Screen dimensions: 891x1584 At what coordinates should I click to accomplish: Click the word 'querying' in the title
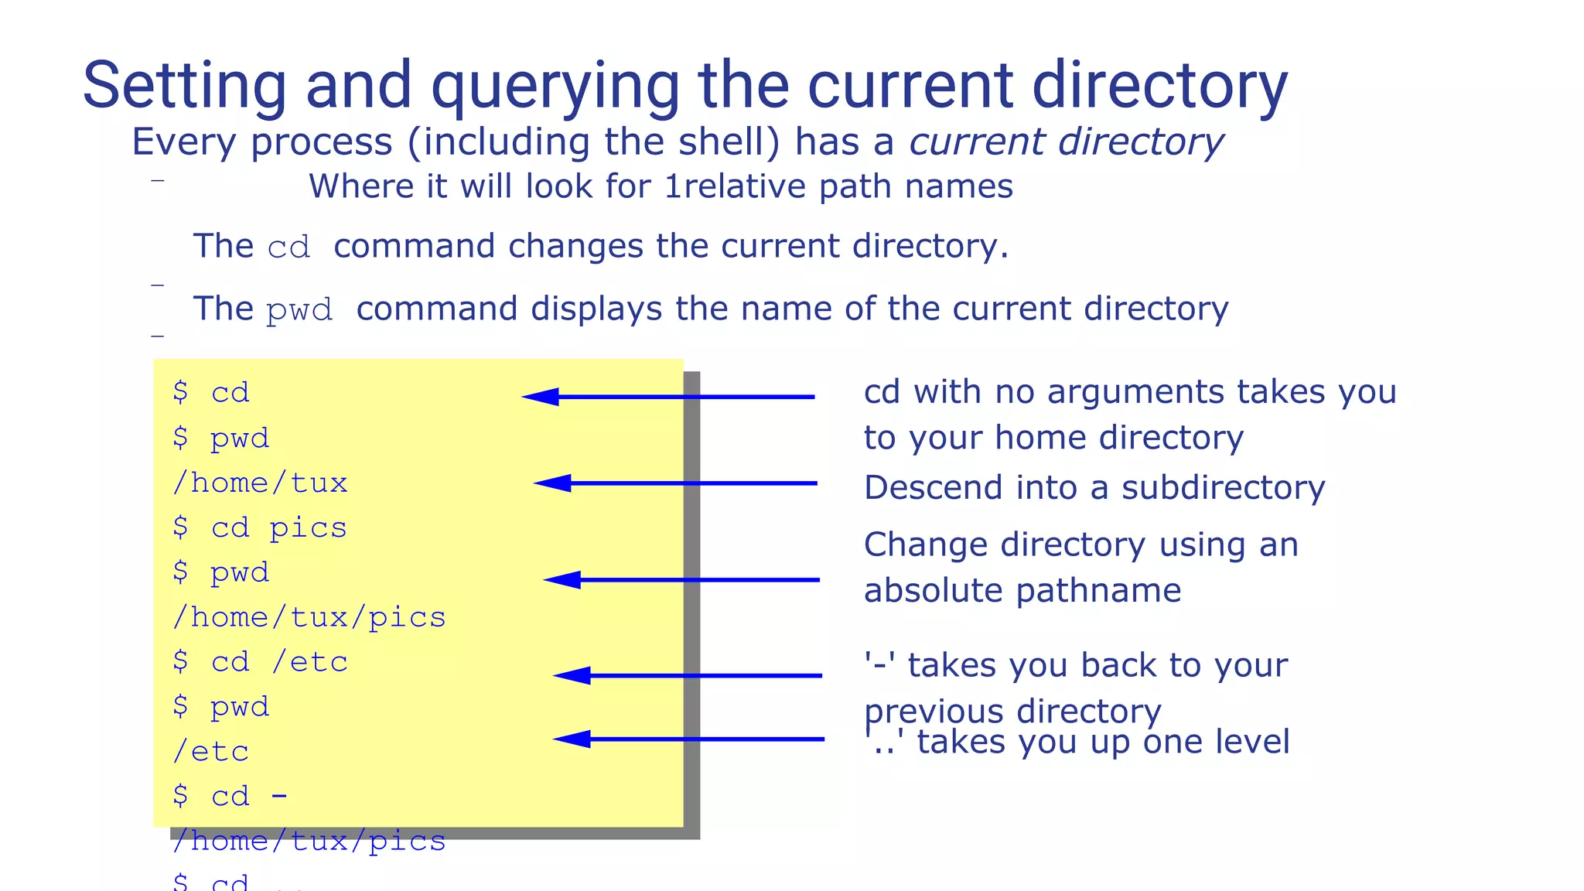[555, 87]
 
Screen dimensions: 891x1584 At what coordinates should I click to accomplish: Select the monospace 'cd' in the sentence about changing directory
[288, 247]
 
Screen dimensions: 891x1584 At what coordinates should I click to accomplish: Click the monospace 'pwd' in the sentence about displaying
[299, 310]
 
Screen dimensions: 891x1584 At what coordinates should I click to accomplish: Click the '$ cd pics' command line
[260, 527]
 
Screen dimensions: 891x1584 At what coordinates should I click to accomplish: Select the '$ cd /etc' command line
[260, 662]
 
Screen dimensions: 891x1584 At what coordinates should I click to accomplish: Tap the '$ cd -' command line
[230, 796]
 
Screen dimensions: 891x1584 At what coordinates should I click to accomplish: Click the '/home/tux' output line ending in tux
[260, 483]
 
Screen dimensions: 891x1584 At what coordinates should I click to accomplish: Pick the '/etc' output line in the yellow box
[210, 752]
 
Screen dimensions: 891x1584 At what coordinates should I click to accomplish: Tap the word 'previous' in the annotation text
[933, 711]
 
